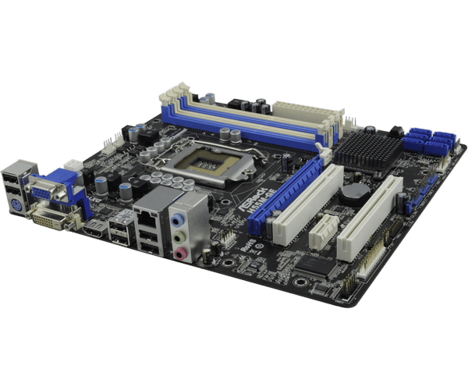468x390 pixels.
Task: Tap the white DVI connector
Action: coord(57,219)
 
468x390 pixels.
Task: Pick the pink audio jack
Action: coord(180,252)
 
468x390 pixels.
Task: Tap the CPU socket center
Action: coord(206,164)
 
